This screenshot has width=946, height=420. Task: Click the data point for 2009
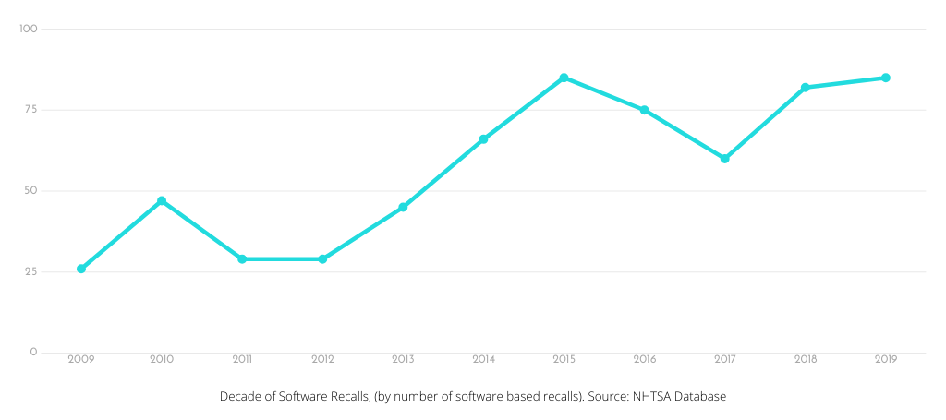[81, 269]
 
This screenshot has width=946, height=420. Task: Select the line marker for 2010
[162, 200]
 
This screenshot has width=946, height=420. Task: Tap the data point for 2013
[403, 207]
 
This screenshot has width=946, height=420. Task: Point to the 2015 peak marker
[564, 78]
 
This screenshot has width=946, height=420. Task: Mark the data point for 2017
[725, 159]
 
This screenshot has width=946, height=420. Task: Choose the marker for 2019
[885, 78]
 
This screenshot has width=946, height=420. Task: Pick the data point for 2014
[483, 139]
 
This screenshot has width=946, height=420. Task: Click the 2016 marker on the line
[644, 110]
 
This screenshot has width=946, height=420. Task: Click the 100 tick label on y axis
[28, 29]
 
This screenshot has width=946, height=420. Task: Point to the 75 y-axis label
[30, 110]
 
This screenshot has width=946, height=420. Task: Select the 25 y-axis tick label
[30, 271]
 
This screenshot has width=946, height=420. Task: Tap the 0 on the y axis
[33, 352]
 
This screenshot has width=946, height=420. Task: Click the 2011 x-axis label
[242, 358]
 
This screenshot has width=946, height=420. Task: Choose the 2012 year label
[322, 358]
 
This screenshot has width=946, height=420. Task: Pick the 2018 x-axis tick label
[805, 358]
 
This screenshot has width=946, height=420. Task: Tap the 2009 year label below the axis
[81, 358]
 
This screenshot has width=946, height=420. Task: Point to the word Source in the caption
[606, 396]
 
